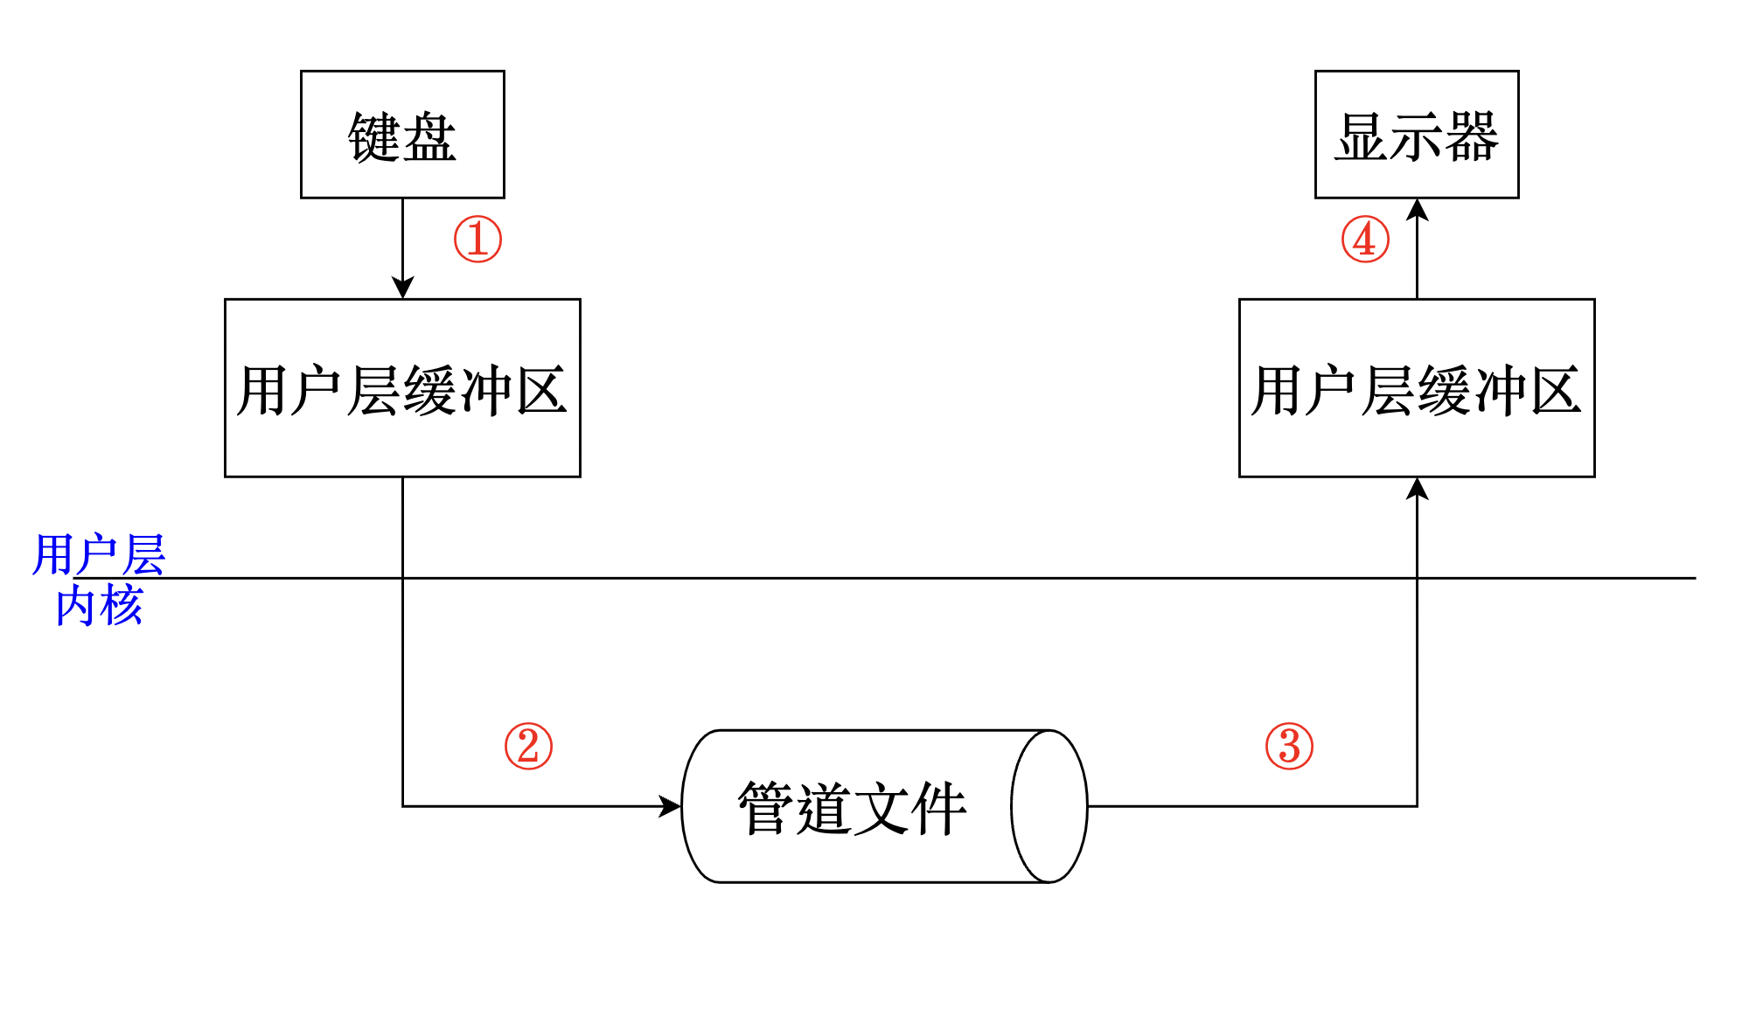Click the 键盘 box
(x=402, y=135)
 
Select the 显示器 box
(x=1417, y=135)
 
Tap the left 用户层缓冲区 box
(x=402, y=388)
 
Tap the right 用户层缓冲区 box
(x=1417, y=388)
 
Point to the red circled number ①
(x=477, y=240)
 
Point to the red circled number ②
(x=528, y=746)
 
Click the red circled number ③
(x=1289, y=746)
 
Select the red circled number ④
(x=1365, y=240)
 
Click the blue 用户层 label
(x=99, y=554)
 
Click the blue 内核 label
(x=99, y=605)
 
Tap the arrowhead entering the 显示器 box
(x=1417, y=210)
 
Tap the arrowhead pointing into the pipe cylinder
(x=670, y=806)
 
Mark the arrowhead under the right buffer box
(x=1417, y=489)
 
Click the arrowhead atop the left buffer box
(x=402, y=288)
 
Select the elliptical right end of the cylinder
(x=1049, y=806)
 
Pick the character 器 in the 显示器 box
(x=1472, y=137)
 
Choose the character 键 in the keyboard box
(x=374, y=137)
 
